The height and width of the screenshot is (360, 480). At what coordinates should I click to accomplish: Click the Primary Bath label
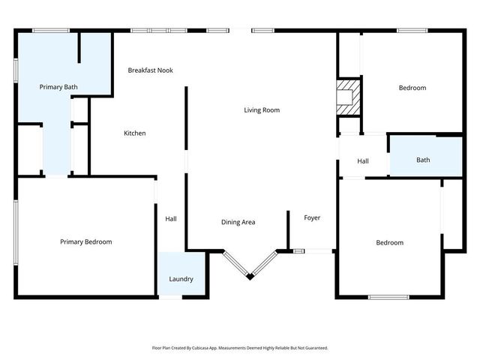coord(58,88)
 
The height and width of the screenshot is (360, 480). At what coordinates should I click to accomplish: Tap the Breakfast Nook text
coord(150,70)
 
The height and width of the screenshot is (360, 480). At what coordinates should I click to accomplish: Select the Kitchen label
coord(134,133)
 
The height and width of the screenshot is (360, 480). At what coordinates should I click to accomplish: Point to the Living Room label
coord(261,110)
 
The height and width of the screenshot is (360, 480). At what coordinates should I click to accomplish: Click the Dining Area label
coord(238,222)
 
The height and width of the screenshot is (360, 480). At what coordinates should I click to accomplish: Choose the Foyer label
coord(312,218)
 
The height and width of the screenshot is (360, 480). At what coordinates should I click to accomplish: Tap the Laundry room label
coord(181,279)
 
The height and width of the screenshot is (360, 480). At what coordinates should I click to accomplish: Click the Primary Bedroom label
coord(86,241)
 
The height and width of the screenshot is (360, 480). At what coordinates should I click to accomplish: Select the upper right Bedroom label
coord(412,88)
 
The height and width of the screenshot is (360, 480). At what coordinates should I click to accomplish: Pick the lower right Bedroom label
coord(389,242)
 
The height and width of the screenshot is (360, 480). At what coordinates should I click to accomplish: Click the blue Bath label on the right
coord(423,160)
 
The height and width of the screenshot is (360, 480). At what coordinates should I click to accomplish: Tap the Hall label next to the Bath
coord(363,161)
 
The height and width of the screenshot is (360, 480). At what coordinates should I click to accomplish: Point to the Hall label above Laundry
coord(171,219)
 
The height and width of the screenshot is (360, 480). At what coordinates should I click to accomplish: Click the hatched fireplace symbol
coord(346,99)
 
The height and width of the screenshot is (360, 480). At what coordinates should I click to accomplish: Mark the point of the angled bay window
coord(250,278)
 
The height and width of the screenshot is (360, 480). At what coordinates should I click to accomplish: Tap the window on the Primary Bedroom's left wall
coord(15,232)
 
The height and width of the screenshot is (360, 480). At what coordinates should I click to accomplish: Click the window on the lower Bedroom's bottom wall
coord(387,298)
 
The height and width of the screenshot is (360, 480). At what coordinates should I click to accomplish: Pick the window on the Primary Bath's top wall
coord(50,30)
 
